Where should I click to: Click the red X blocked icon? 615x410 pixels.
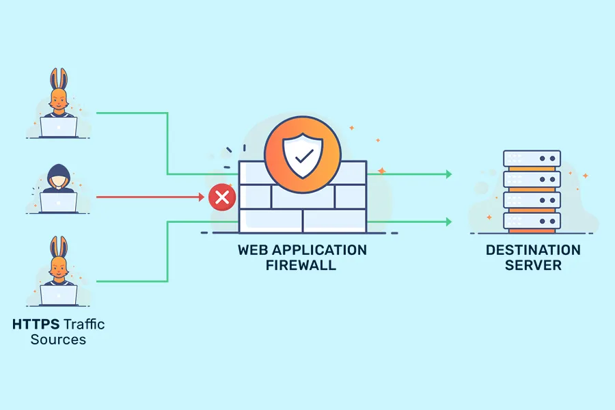pyautogui.click(x=221, y=198)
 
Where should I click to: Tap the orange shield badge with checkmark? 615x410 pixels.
pyautogui.click(x=301, y=155)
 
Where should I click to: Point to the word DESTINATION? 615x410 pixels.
pyautogui.click(x=533, y=250)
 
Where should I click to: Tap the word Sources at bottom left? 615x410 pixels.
pyautogui.click(x=58, y=340)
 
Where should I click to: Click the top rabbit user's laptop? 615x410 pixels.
pyautogui.click(x=59, y=126)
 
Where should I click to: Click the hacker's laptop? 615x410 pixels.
pyautogui.click(x=59, y=202)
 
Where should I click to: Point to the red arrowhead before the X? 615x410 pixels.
pyautogui.click(x=202, y=197)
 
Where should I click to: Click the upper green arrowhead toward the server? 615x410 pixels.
pyautogui.click(x=448, y=174)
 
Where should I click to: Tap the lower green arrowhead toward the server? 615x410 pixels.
pyautogui.click(x=448, y=221)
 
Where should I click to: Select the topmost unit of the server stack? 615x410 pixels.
pyautogui.click(x=532, y=159)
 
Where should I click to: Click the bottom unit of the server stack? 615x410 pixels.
pyautogui.click(x=532, y=220)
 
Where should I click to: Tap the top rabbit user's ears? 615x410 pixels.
pyautogui.click(x=59, y=78)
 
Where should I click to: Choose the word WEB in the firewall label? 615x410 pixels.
pyautogui.click(x=252, y=250)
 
